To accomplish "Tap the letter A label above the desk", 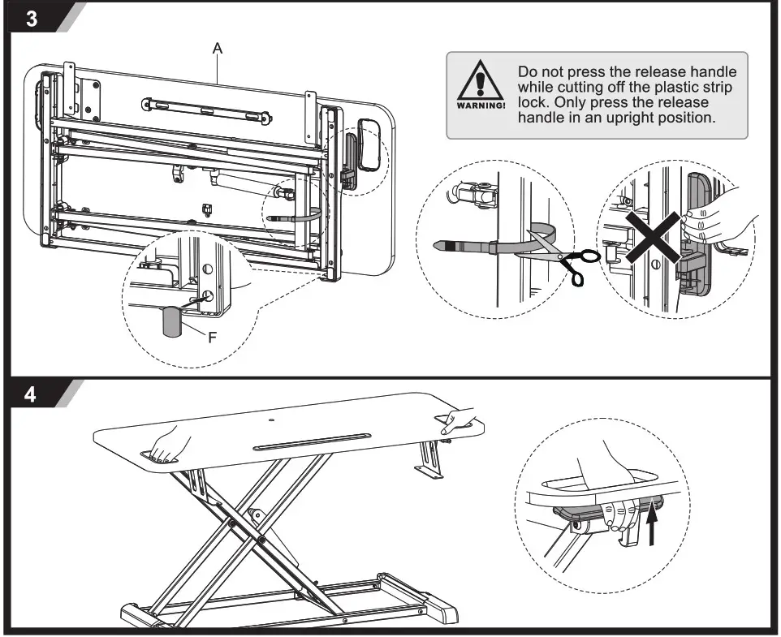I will tap(218, 49).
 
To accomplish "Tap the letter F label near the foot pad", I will tap(212, 338).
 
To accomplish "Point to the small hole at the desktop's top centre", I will tap(270, 420).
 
